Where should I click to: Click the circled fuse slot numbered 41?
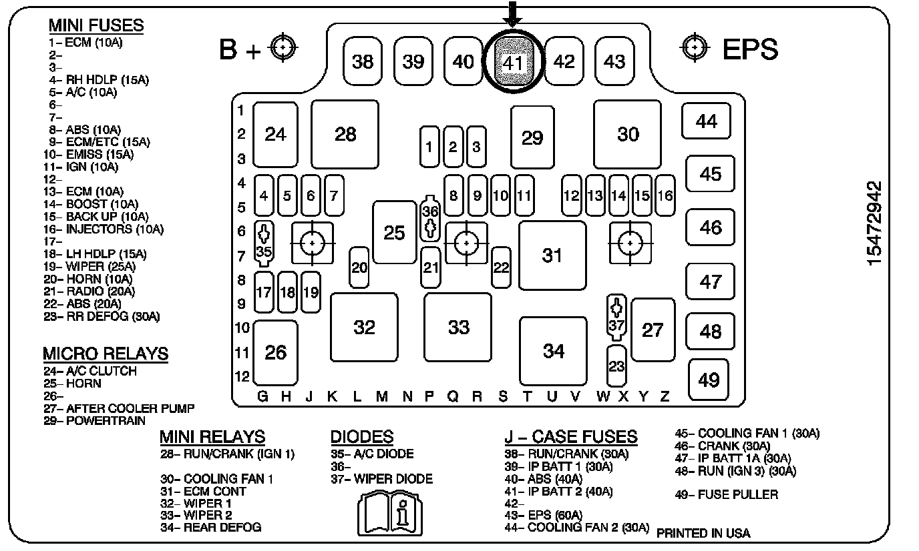click(x=513, y=62)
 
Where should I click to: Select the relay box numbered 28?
click(x=345, y=134)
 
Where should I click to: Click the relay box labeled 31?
click(x=552, y=255)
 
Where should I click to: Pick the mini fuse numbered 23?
click(x=616, y=366)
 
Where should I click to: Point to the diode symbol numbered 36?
click(x=431, y=219)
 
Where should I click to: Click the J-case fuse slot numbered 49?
click(x=709, y=379)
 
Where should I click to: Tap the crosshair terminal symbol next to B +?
click(x=284, y=47)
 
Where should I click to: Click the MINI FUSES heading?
click(x=96, y=25)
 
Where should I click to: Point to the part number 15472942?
click(x=875, y=223)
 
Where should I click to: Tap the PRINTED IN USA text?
click(x=703, y=533)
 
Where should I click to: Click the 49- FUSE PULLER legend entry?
click(x=727, y=494)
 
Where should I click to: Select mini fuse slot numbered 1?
click(x=429, y=146)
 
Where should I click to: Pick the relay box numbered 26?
click(x=275, y=352)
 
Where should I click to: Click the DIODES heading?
click(x=361, y=437)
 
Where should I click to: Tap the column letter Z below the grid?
click(x=665, y=397)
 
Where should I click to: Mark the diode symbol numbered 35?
click(x=264, y=243)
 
